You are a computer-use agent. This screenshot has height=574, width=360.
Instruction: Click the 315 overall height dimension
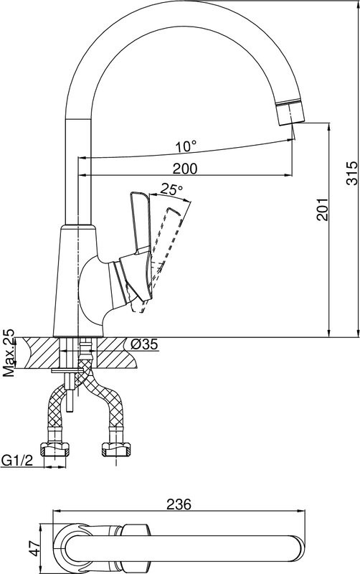click(351, 173)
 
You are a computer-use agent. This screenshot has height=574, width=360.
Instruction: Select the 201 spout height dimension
click(322, 210)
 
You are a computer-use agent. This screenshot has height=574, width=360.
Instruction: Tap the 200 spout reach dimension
click(185, 169)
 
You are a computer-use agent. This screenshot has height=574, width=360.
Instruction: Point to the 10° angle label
click(186, 147)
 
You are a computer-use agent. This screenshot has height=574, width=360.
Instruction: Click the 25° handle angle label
click(171, 189)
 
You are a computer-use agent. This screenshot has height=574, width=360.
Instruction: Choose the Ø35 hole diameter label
click(144, 344)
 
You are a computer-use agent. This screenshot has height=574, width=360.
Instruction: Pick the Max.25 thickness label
click(9, 353)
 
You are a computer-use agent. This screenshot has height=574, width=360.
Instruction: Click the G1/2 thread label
click(17, 459)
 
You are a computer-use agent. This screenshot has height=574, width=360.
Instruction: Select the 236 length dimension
click(179, 504)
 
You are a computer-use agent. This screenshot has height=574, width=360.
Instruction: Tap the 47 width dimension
click(35, 548)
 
